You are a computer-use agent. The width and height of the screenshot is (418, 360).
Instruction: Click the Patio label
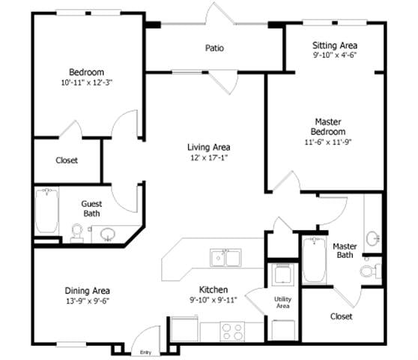tap(214, 49)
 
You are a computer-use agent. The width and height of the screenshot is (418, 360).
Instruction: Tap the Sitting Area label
tap(335, 45)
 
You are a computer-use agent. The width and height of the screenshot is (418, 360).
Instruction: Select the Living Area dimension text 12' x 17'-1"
tap(208, 158)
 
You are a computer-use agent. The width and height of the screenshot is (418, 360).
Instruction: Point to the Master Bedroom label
tap(328, 127)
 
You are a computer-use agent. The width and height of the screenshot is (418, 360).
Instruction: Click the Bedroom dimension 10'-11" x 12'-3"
tap(87, 82)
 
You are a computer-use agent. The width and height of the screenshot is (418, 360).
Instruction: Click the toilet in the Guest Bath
tap(76, 233)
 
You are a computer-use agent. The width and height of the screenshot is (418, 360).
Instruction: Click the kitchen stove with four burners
tap(231, 329)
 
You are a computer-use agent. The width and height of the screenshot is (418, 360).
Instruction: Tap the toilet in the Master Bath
tap(369, 270)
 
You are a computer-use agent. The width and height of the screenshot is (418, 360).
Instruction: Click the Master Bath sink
tap(372, 238)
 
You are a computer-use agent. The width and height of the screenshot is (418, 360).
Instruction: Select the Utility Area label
tap(283, 303)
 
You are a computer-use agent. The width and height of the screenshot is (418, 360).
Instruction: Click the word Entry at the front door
tap(145, 352)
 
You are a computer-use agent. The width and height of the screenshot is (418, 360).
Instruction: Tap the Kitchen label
tap(213, 290)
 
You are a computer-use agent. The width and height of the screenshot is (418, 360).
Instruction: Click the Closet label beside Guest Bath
tap(67, 160)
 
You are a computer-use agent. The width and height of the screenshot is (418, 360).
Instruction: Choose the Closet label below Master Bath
tap(342, 316)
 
